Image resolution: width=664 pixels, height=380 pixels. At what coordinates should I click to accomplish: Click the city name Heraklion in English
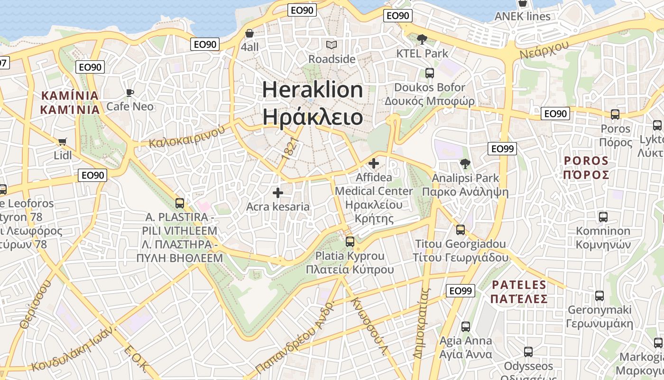(x=313, y=90)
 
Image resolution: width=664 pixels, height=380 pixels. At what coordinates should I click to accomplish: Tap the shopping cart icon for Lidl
(x=62, y=142)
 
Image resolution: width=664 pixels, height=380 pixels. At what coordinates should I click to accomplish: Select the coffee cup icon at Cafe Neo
(x=130, y=93)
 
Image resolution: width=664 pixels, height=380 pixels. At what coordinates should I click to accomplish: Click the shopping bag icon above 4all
(x=249, y=33)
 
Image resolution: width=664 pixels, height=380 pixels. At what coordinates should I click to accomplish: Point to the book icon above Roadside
(x=332, y=45)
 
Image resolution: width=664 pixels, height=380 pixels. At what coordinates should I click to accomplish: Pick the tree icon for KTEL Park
(x=422, y=39)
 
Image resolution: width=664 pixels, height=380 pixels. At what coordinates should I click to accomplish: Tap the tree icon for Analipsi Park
(x=465, y=164)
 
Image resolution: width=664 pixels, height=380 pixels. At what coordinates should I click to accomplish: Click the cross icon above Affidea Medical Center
(x=374, y=163)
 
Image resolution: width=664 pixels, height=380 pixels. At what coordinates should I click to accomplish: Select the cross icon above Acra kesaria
(x=278, y=193)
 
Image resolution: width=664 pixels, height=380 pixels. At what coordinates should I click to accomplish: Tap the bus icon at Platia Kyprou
(x=350, y=241)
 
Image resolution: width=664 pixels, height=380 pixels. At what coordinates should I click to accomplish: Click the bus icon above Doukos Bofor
(x=430, y=73)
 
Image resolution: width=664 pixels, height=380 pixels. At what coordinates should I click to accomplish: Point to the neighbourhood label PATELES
(x=519, y=285)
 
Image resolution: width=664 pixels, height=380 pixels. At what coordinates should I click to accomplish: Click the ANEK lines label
(x=522, y=16)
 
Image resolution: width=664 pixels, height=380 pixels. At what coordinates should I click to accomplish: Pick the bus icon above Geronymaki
(x=599, y=296)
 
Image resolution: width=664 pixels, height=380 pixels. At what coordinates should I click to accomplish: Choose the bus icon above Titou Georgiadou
(x=460, y=230)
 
